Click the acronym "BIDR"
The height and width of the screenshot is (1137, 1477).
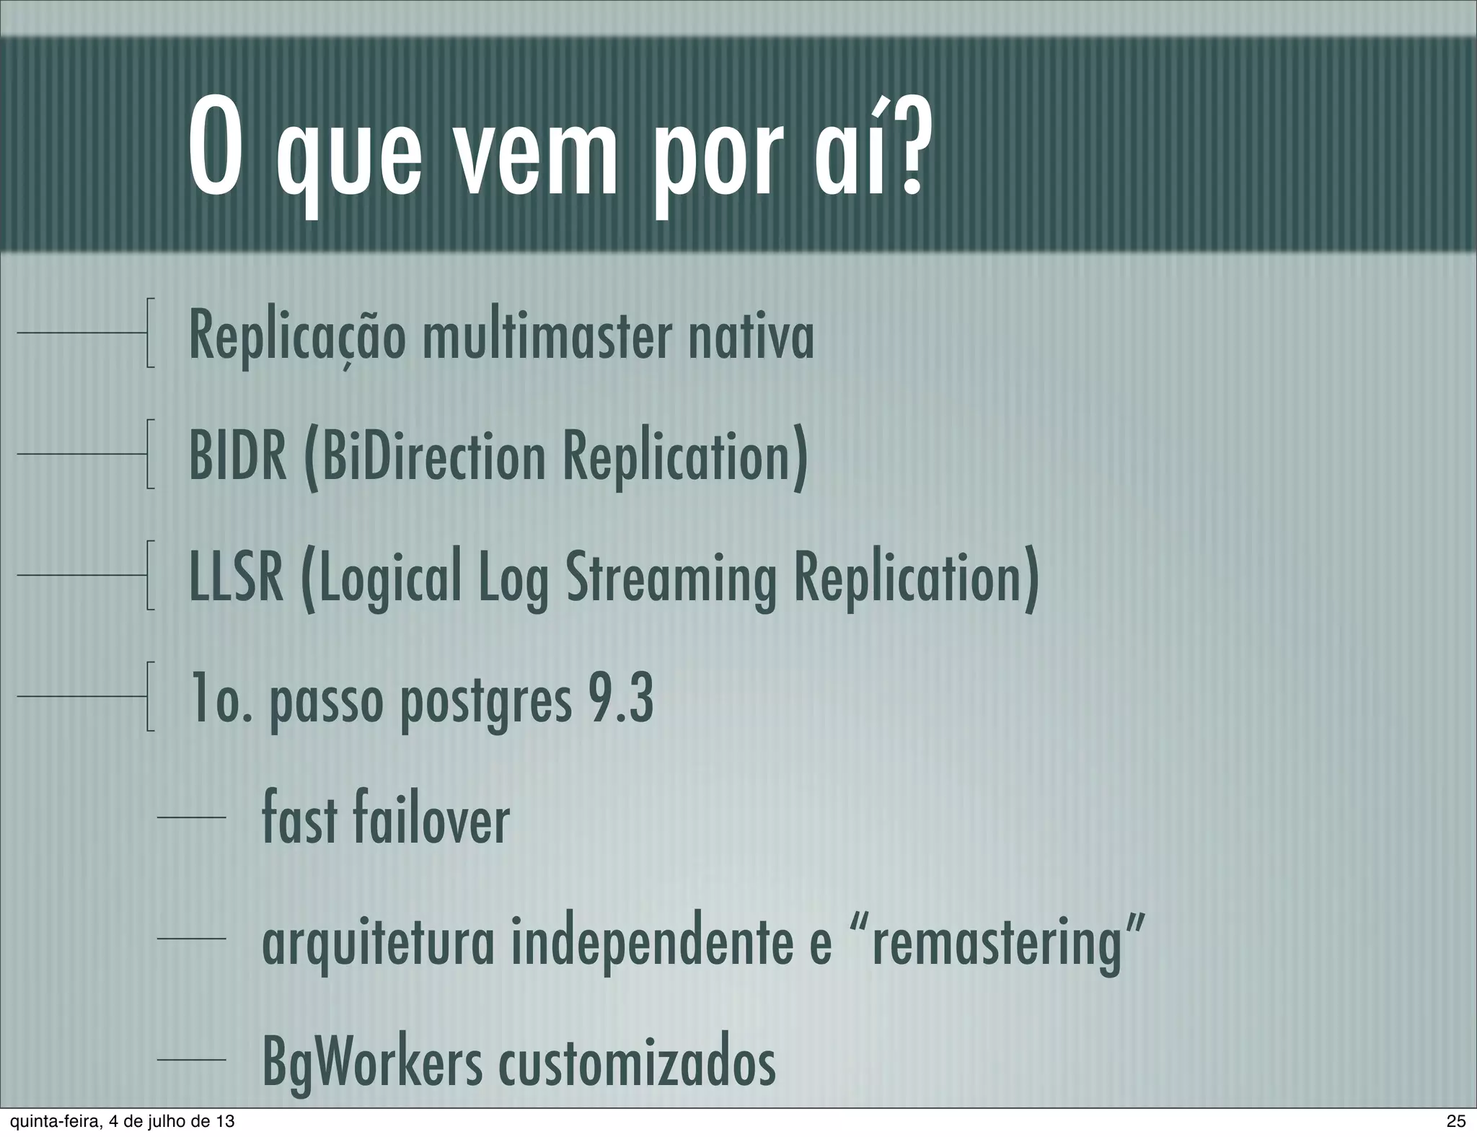(x=237, y=456)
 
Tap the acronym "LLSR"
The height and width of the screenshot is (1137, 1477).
(x=236, y=578)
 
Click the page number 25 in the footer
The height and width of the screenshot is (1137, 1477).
(x=1455, y=1121)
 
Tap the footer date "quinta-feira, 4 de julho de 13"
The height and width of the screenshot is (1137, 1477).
(x=118, y=1121)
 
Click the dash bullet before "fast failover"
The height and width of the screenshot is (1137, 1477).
(x=192, y=817)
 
